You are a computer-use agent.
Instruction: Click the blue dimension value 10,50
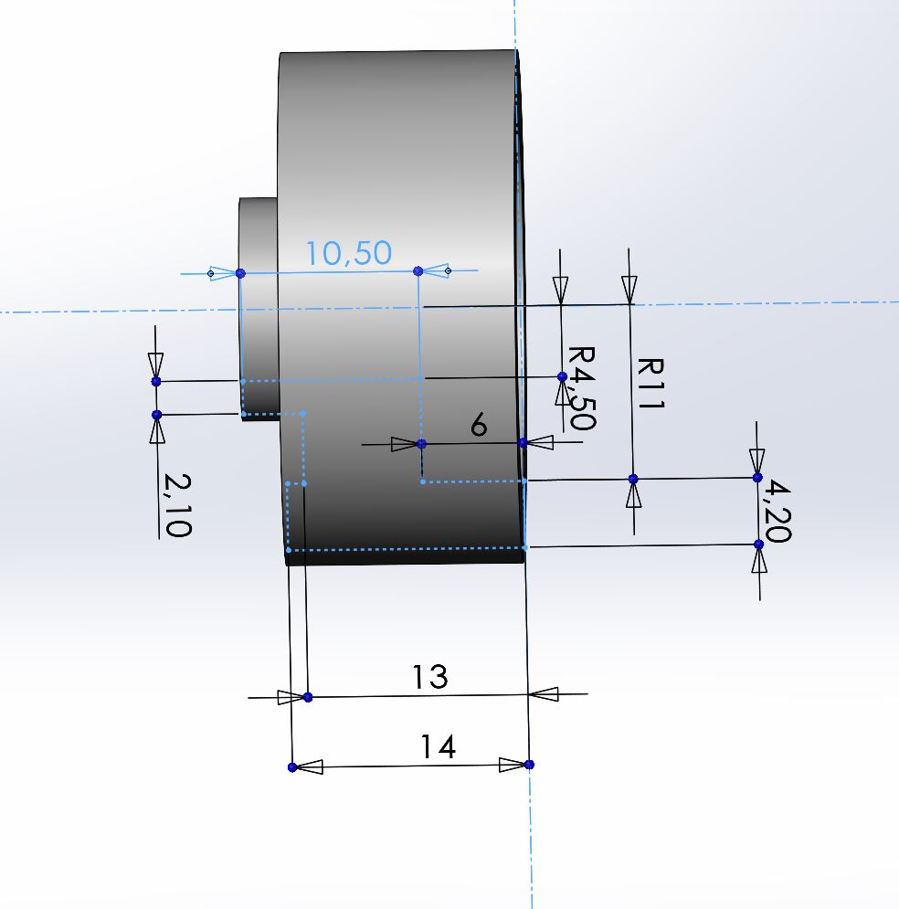coord(348,253)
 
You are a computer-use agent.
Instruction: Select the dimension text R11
coord(650,384)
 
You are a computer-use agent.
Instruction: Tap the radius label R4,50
coord(581,387)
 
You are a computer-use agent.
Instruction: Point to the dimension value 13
coord(429,677)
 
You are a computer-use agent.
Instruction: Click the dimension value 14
coord(438,747)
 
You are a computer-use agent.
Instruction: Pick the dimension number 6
coord(479,426)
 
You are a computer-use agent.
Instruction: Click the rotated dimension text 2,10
coord(176,505)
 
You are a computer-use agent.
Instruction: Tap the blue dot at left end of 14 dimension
coord(292,767)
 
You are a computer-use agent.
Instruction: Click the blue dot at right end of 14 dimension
coord(530,764)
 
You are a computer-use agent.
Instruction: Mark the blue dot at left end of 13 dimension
coord(308,697)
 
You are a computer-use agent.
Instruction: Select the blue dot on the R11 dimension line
coord(633,479)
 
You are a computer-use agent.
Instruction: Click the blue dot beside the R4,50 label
coord(562,376)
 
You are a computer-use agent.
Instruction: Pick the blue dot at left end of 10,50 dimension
coord(240,273)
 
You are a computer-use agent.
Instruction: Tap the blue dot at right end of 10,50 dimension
coord(418,270)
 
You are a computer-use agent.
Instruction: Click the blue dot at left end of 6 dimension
coord(421,444)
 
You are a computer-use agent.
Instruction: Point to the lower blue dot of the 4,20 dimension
coord(759,544)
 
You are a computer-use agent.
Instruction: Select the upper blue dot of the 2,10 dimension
coord(156,381)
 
